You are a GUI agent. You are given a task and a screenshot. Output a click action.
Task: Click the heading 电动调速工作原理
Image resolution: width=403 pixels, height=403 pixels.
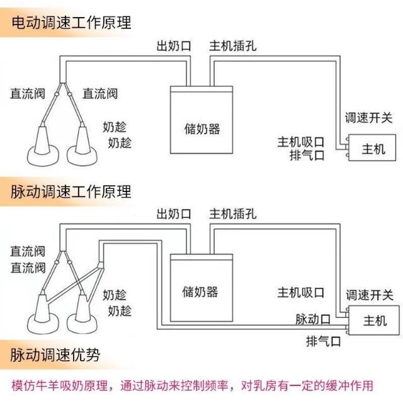click(x=71, y=23)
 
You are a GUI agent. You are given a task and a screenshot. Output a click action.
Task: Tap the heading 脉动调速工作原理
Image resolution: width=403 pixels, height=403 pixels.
click(x=71, y=191)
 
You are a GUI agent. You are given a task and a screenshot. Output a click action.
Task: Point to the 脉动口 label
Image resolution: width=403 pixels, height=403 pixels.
click(x=313, y=318)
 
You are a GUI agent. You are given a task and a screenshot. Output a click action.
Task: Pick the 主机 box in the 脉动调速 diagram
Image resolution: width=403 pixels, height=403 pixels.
click(x=375, y=321)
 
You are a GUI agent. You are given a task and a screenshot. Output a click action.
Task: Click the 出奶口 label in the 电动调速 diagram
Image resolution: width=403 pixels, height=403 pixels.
click(x=173, y=45)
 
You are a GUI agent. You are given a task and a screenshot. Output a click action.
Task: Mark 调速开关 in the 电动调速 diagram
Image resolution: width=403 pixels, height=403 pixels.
click(x=368, y=118)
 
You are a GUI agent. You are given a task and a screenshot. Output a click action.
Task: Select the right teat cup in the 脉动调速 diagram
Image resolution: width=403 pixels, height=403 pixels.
click(x=84, y=312)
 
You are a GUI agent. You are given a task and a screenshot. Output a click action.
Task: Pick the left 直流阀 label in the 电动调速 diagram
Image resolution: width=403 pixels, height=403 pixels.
click(x=26, y=94)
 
